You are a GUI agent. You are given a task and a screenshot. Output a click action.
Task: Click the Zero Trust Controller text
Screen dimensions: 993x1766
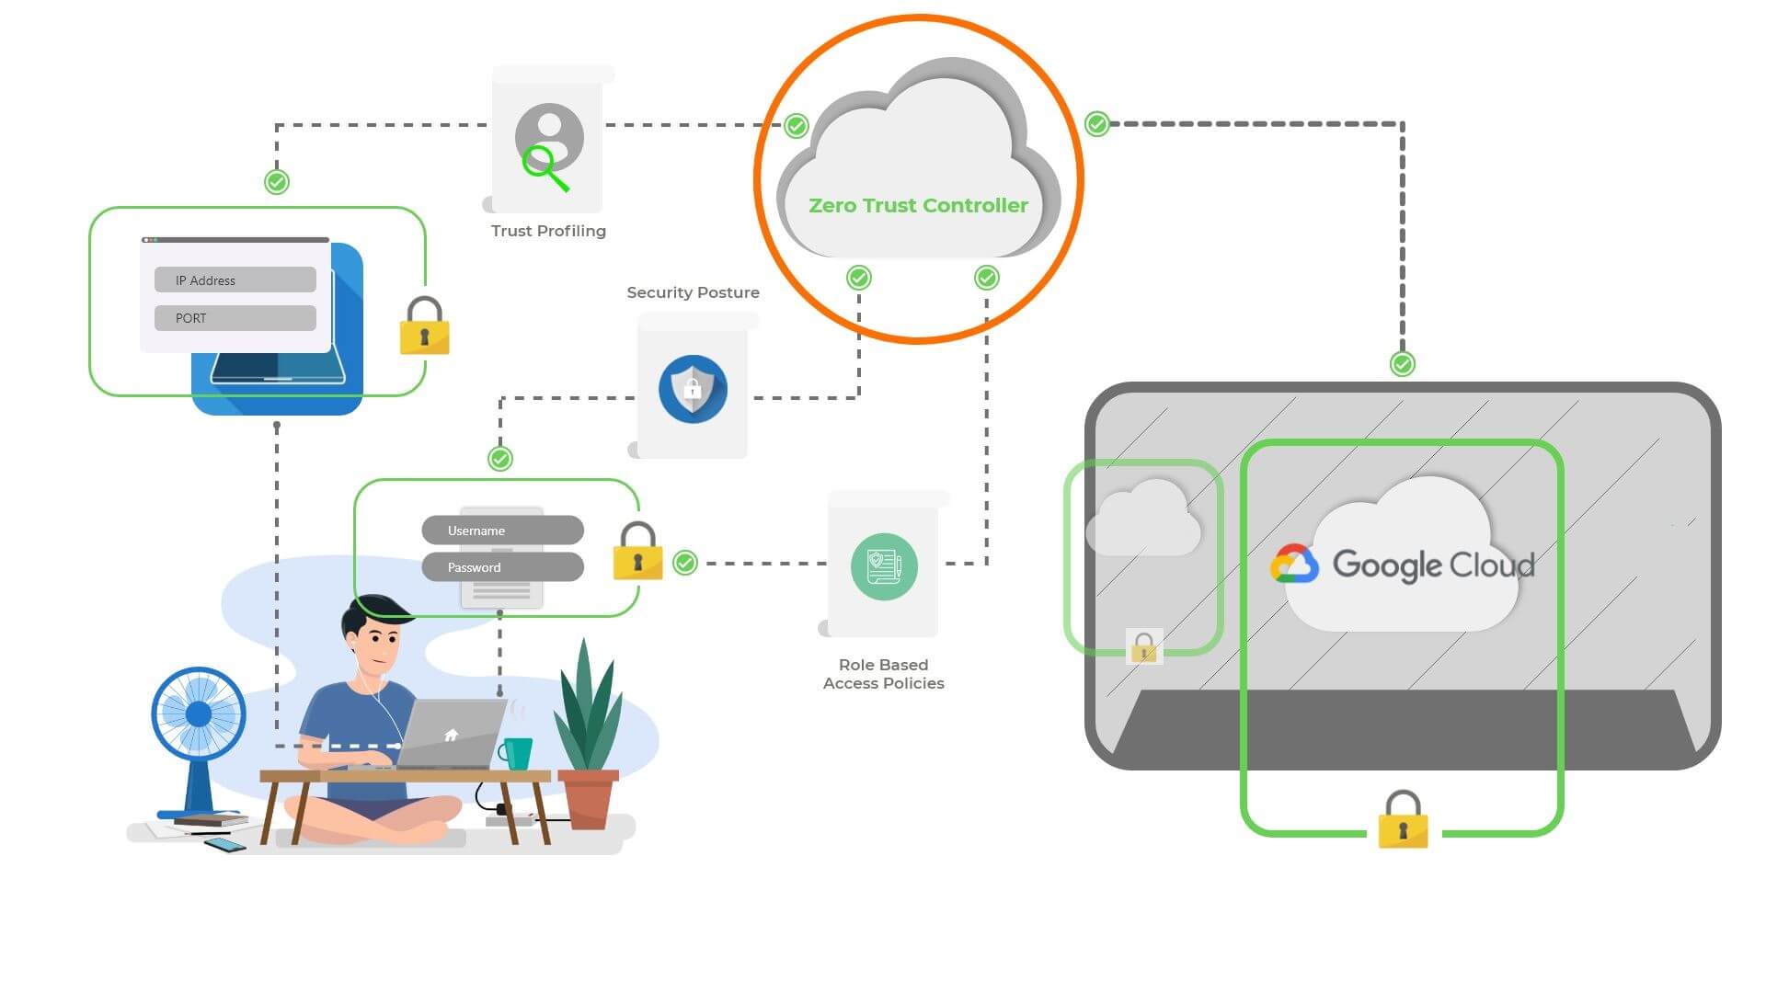tap(918, 205)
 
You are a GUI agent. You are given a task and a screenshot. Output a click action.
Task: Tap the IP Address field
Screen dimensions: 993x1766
tap(235, 280)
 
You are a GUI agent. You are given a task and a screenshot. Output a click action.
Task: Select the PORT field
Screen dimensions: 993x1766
tap(235, 318)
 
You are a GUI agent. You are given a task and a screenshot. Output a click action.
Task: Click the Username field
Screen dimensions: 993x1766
tap(502, 531)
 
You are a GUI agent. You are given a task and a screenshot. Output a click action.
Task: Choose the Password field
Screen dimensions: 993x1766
tap(502, 567)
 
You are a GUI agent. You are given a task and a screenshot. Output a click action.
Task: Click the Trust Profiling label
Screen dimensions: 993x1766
tap(548, 231)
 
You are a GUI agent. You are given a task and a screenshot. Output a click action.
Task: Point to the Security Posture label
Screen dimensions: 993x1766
tap(693, 292)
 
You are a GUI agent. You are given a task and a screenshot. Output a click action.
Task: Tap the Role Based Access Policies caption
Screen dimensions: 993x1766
tap(883, 674)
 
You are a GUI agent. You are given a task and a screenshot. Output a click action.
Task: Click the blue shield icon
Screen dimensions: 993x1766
tap(693, 389)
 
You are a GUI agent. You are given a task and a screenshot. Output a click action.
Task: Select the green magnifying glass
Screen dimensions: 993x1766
tap(545, 168)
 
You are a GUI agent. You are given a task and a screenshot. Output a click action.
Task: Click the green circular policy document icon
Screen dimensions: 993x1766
tap(884, 566)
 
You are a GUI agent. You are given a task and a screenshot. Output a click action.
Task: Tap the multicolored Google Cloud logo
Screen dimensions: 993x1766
tap(1294, 565)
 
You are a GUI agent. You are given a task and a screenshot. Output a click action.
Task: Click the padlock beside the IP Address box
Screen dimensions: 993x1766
tap(424, 326)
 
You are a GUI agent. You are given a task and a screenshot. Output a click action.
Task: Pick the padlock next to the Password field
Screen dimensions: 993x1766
tap(637, 552)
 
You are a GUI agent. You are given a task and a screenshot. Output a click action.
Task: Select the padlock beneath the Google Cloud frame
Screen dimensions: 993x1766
tap(1403, 820)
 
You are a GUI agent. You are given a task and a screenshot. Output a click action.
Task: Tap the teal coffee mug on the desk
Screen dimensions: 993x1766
tap(517, 753)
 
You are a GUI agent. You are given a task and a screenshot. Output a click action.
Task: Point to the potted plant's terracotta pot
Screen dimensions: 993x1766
tap(587, 797)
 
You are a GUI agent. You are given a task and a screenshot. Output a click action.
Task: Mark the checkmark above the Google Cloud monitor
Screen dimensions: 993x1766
tap(1402, 364)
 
